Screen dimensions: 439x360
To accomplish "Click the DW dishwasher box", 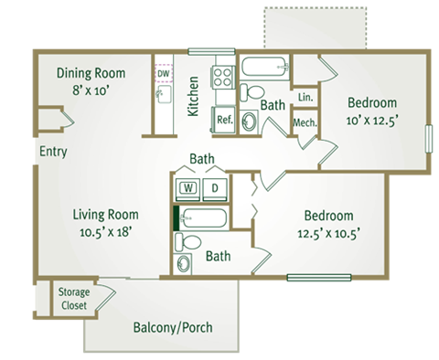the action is click(x=164, y=73).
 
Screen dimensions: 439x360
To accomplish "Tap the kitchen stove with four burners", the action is click(x=223, y=78).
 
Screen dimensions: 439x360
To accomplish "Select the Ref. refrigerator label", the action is click(x=225, y=120).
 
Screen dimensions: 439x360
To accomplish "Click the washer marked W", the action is click(x=188, y=188).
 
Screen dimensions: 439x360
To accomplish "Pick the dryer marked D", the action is click(x=215, y=188).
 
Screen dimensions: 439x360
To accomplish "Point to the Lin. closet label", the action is click(x=305, y=97).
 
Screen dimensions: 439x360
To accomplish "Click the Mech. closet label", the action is click(x=305, y=122).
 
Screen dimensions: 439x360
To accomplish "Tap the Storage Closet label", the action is click(x=74, y=299).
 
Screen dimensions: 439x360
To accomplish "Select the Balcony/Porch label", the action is click(x=173, y=327).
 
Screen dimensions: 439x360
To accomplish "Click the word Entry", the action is click(x=53, y=152).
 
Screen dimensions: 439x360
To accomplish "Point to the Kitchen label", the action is click(x=193, y=96).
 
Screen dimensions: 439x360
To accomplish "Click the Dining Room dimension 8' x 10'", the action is click(x=91, y=90).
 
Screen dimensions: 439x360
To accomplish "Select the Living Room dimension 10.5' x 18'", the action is click(x=105, y=232).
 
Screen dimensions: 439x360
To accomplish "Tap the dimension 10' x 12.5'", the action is click(x=372, y=121).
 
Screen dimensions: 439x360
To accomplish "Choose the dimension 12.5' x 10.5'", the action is click(x=328, y=234).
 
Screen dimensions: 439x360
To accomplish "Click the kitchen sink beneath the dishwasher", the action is click(x=164, y=94).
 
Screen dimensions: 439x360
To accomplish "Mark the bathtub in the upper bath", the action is click(x=265, y=67).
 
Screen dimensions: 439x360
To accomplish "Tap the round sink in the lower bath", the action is click(x=183, y=263).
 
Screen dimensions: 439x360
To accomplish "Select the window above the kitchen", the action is click(x=211, y=51).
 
